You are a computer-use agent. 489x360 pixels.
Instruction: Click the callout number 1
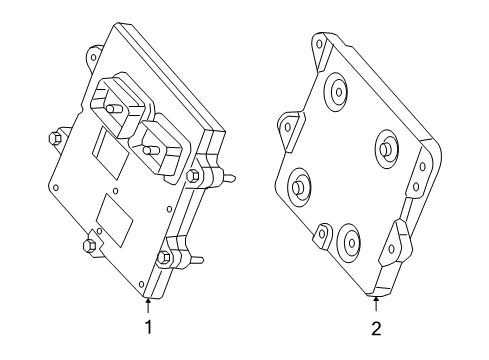coord(148,326)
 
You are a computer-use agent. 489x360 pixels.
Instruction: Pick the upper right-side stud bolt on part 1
coord(197,179)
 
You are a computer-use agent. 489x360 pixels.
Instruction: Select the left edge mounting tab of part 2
coord(287,127)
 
